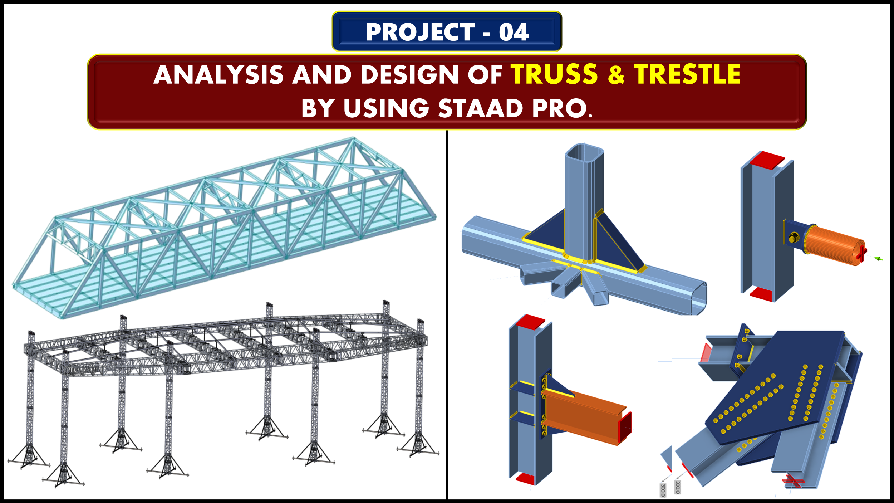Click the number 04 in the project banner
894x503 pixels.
[514, 32]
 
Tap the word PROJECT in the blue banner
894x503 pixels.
[420, 32]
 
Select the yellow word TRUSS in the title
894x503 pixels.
[554, 74]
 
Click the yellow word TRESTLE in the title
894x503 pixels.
[687, 74]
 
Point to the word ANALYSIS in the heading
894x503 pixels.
[219, 75]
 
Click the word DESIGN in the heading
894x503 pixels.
[410, 75]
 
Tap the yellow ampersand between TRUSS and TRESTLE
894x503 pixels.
[616, 74]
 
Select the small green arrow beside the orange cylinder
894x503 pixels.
[879, 259]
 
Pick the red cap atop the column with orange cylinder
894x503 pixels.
[767, 160]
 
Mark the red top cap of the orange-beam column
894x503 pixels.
[530, 322]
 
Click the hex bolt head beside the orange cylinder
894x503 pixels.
[793, 237]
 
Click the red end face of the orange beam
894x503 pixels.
[625, 428]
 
